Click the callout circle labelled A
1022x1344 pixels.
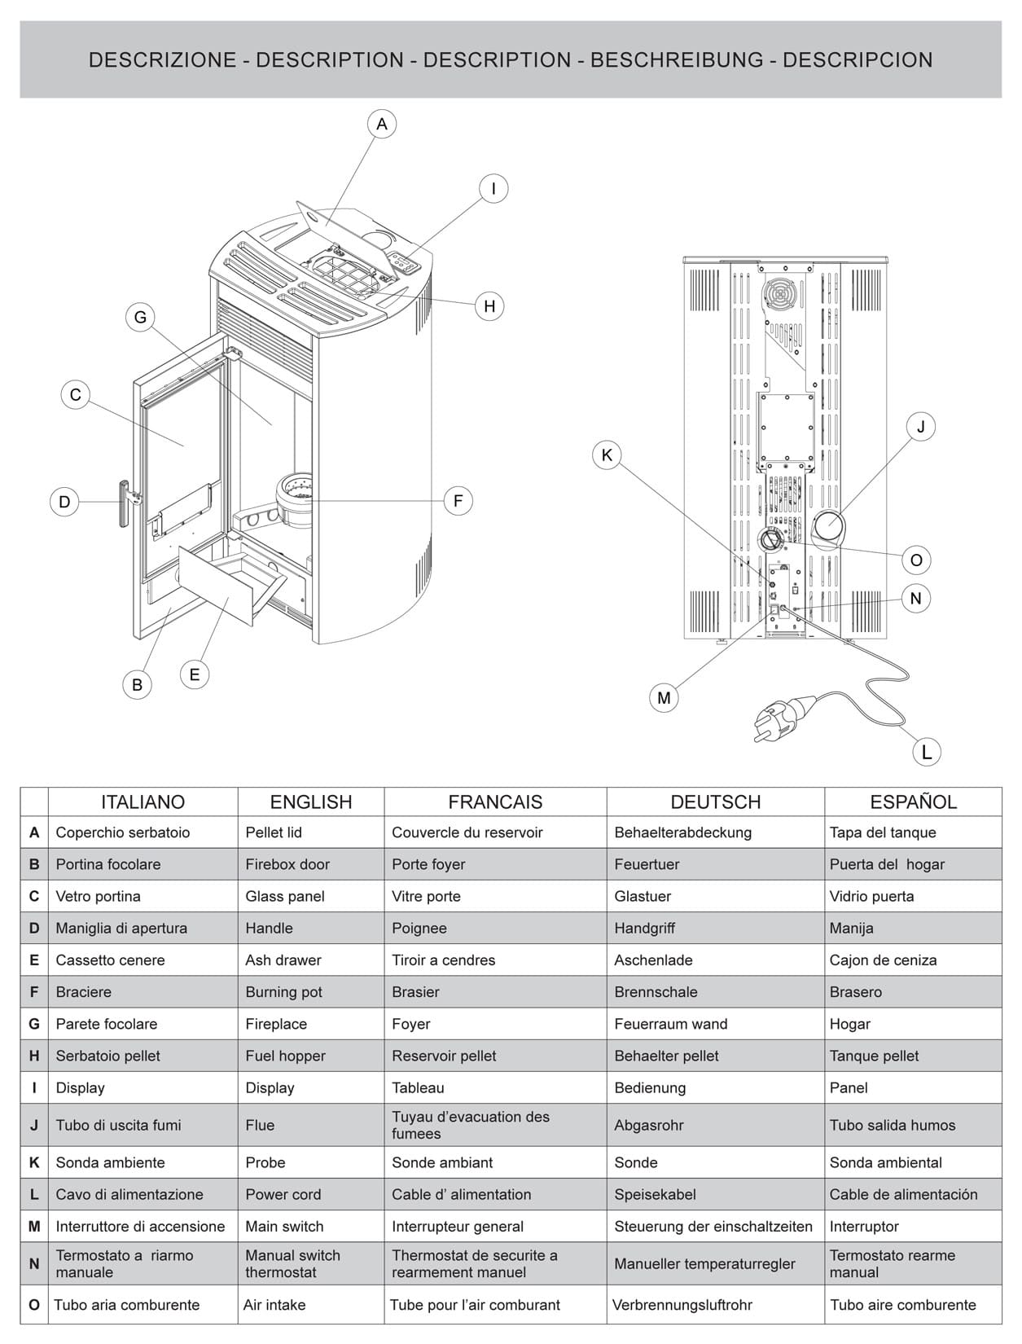coord(381,125)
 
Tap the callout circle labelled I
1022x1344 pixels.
coord(493,189)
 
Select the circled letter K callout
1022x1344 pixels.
coord(606,455)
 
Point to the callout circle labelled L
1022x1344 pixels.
coord(926,752)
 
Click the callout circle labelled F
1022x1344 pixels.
coord(458,501)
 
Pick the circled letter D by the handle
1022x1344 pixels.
coord(64,502)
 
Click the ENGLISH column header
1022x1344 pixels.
coord(310,802)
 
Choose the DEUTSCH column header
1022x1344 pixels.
coord(715,802)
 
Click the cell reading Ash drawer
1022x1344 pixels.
coord(283,960)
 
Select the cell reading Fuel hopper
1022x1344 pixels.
coord(285,1056)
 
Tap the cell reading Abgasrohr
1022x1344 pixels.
coord(648,1125)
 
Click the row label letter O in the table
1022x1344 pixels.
coord(34,1305)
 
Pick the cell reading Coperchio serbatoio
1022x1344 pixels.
coord(122,832)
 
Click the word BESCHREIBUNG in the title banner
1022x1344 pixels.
coord(677,60)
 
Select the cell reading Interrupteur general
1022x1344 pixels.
coord(457,1226)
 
